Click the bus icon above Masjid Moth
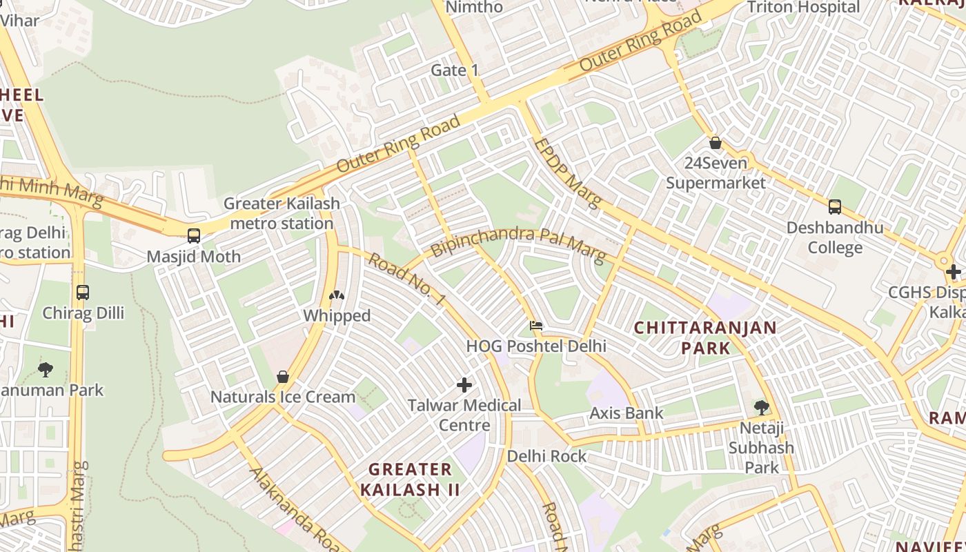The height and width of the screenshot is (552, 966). click(194, 235)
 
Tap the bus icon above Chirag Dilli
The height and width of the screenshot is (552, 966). click(83, 292)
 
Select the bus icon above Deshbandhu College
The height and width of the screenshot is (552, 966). click(834, 206)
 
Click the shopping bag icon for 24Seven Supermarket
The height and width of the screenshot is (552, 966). click(716, 143)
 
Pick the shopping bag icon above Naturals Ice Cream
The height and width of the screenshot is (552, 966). click(282, 377)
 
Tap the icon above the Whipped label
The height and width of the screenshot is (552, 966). click(337, 296)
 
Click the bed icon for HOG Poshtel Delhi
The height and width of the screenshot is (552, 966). click(535, 326)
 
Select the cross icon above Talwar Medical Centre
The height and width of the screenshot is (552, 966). click(464, 385)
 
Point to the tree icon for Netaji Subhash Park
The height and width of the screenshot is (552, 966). click(762, 408)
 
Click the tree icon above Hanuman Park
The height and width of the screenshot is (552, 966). click(46, 369)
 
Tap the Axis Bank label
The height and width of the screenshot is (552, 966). click(626, 413)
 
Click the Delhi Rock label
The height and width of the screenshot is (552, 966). click(546, 456)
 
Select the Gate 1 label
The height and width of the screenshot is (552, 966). click(454, 70)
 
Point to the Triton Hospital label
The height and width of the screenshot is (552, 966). click(804, 8)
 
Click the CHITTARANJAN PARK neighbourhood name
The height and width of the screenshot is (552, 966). click(705, 337)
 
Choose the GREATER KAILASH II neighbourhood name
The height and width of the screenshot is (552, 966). click(410, 480)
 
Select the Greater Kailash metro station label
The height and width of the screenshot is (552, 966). click(282, 213)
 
